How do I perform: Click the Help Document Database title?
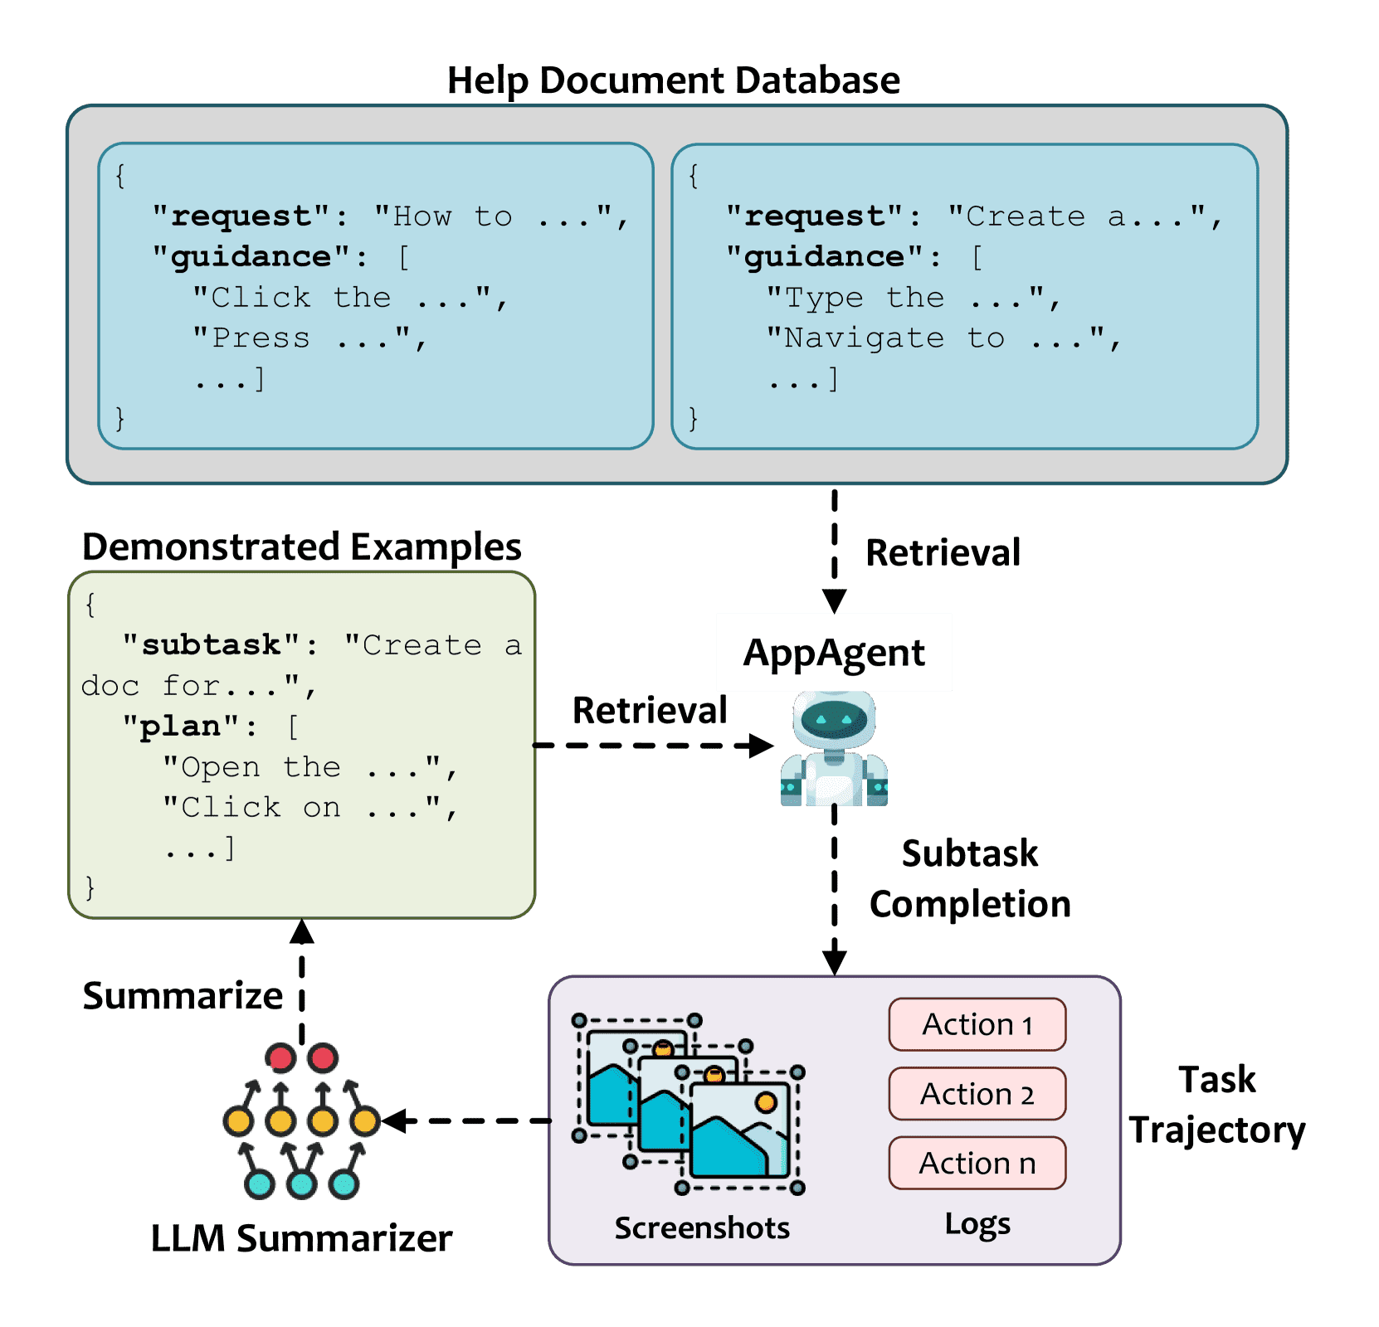coord(673,80)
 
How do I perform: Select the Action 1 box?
coord(977,1024)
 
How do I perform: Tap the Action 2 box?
coord(977,1094)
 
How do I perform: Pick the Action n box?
coord(977,1163)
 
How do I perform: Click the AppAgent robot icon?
coord(834,749)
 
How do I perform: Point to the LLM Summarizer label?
coord(301,1238)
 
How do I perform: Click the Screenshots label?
coord(702,1227)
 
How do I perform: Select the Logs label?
coord(977,1224)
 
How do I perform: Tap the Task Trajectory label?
coord(1217,1105)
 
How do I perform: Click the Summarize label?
coord(183,995)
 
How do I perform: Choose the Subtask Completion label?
coord(970,878)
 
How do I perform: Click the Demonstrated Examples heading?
coord(302,547)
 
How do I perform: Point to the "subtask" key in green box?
coord(212,644)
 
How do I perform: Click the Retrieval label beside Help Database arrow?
coord(943,552)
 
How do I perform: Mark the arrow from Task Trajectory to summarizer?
coord(466,1120)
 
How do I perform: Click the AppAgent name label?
coord(834,653)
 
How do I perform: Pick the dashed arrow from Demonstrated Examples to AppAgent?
coord(654,746)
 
